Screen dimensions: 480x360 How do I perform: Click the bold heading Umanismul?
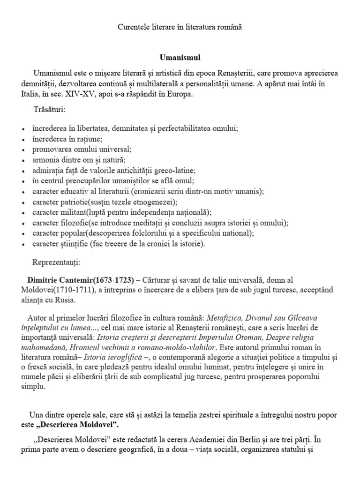click(x=180, y=58)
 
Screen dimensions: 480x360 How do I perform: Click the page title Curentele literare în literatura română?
click(x=180, y=28)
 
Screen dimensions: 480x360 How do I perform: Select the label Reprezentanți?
click(x=57, y=261)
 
